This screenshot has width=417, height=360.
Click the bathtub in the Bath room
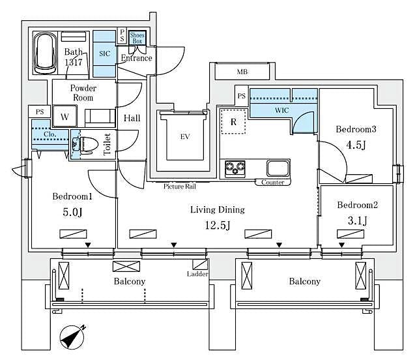click(45, 54)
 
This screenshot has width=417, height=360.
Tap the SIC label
click(104, 54)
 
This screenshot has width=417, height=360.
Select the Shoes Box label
click(137, 37)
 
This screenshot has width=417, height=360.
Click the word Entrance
click(137, 58)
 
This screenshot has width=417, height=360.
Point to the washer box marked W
click(65, 117)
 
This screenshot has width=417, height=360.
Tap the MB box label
click(242, 72)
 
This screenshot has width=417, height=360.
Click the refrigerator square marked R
click(233, 121)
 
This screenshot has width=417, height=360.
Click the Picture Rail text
click(180, 187)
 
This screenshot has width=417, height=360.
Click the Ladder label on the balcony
click(197, 274)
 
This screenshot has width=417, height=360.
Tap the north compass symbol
click(72, 336)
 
